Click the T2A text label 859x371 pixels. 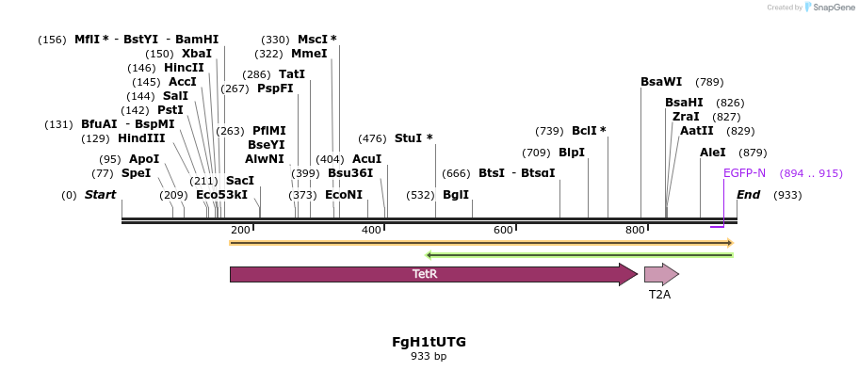click(659, 295)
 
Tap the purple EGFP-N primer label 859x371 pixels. click(744, 173)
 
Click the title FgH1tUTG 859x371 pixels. click(429, 342)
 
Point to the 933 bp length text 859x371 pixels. click(429, 357)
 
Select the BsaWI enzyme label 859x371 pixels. click(661, 82)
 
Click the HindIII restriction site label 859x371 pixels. click(141, 138)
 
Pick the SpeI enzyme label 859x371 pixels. click(136, 173)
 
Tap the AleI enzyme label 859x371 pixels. click(713, 153)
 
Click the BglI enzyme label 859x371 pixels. click(456, 195)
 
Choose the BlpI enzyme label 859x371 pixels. click(572, 153)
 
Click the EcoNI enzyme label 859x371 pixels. click(344, 195)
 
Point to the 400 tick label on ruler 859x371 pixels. click(372, 231)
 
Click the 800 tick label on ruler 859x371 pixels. click(635, 231)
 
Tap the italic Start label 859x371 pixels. click(100, 195)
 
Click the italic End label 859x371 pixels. click(748, 195)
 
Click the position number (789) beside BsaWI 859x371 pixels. click(709, 82)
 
